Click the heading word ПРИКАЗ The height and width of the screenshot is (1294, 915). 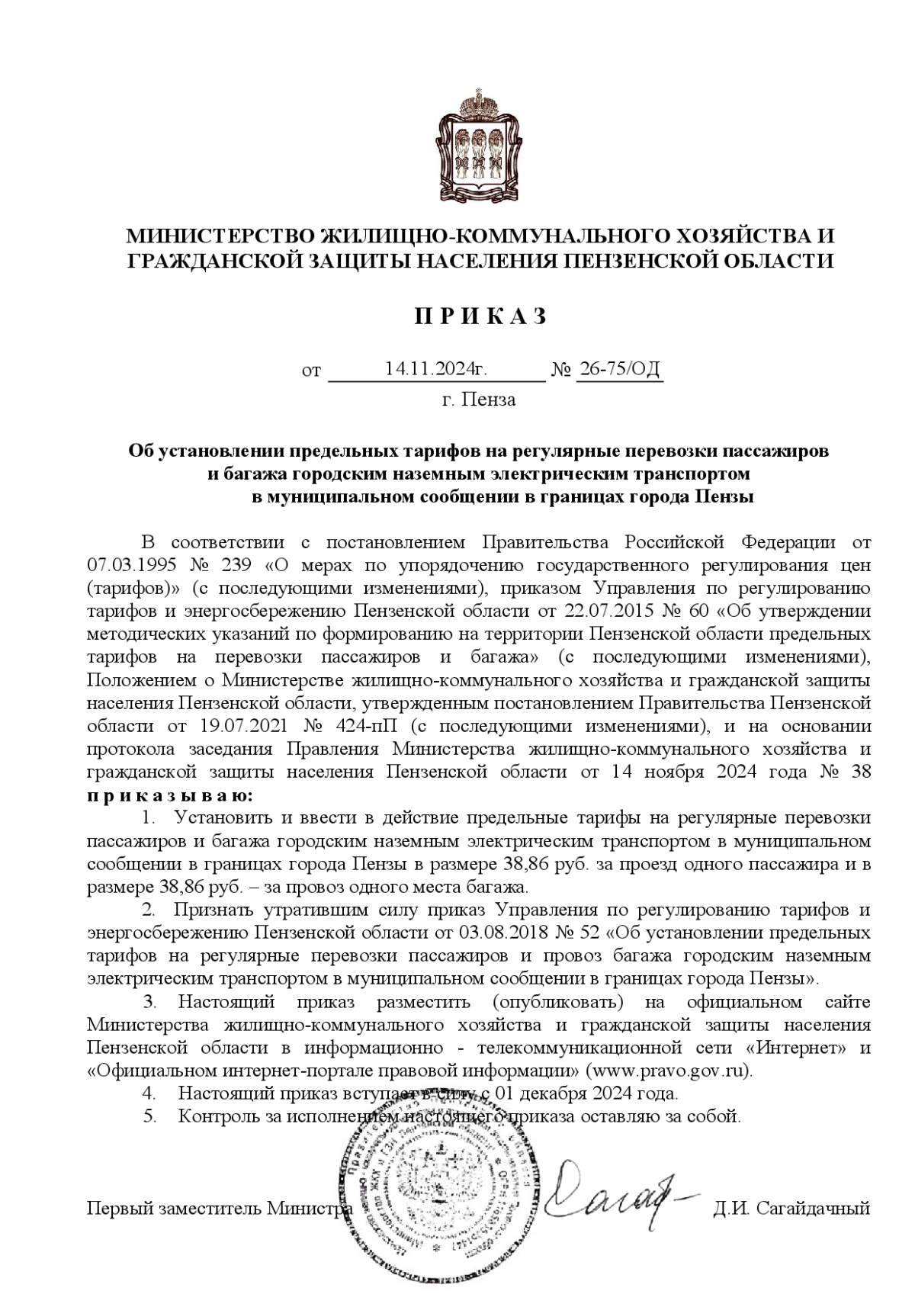[x=480, y=317]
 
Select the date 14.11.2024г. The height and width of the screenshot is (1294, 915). [x=435, y=370]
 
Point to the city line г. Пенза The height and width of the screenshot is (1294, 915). [x=479, y=400]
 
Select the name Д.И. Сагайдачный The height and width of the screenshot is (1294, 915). [x=791, y=1209]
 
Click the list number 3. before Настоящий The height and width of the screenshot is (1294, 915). [x=151, y=1001]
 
